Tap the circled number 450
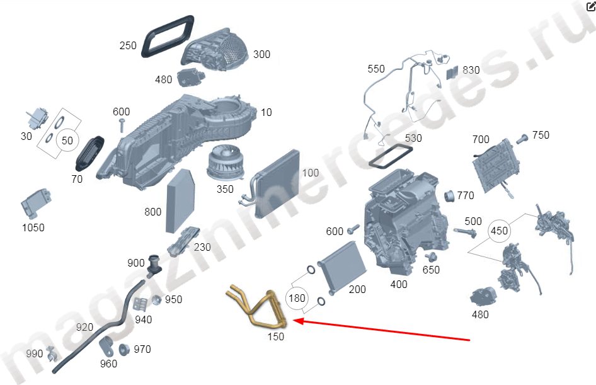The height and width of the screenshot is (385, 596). [x=499, y=231]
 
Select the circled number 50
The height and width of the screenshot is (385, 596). [x=66, y=140]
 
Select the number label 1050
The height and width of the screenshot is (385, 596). [x=33, y=227]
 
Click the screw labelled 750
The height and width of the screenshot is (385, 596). [x=523, y=137]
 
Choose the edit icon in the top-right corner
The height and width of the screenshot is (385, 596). [x=590, y=7]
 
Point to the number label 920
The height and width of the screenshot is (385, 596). [x=84, y=328]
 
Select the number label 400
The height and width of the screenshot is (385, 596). [x=399, y=284]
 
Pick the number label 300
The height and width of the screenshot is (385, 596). [x=261, y=54]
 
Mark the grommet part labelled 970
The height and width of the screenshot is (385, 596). [x=124, y=350]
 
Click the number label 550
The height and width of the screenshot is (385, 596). [x=376, y=69]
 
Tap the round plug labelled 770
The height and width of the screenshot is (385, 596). [x=449, y=196]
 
